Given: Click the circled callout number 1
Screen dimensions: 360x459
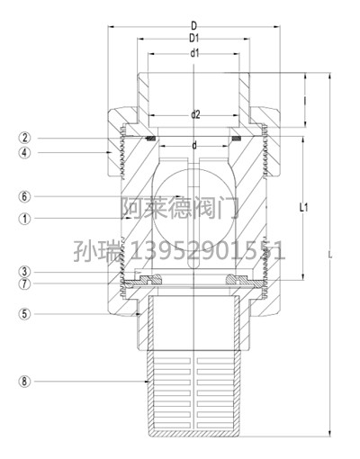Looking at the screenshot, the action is click(25, 219).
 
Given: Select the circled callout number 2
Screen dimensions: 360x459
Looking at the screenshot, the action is click(25, 138).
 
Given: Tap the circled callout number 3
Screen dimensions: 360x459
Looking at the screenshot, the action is click(25, 272).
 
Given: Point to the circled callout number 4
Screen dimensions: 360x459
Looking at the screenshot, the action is click(25, 152).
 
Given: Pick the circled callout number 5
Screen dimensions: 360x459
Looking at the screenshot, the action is click(25, 314).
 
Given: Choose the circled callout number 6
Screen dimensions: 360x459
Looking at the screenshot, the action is click(25, 197).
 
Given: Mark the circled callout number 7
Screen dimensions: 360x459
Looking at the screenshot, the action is click(25, 283).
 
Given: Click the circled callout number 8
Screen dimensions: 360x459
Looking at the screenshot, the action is click(25, 382).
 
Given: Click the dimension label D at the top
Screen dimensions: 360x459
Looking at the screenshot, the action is click(194, 26).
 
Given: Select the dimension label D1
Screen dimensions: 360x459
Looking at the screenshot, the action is click(194, 38).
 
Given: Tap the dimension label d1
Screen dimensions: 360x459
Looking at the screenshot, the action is click(194, 53).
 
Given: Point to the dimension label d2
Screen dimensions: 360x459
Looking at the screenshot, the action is click(195, 114).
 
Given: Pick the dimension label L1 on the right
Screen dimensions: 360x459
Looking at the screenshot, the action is click(304, 207).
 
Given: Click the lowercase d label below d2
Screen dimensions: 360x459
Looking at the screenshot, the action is click(194, 146).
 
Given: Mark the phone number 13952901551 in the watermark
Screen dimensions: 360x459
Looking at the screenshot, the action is click(207, 251).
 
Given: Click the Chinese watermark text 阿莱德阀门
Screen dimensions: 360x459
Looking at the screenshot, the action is click(180, 208).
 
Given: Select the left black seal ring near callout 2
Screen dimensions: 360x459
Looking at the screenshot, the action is click(150, 139).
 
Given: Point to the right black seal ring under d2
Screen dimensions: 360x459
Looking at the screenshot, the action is click(237, 139).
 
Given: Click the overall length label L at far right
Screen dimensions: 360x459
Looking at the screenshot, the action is click(330, 256).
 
